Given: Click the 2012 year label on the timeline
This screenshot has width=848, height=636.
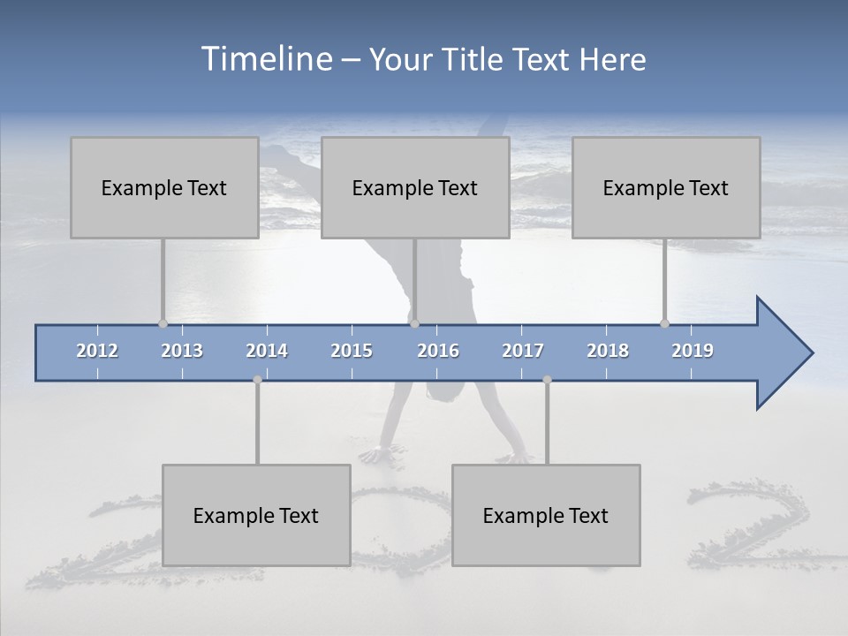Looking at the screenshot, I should click(x=97, y=351).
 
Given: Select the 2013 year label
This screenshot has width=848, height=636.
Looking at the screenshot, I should click(x=182, y=351).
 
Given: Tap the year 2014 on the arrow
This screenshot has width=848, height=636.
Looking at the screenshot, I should click(x=267, y=351).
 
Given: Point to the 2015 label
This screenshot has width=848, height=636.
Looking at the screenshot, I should click(x=352, y=351).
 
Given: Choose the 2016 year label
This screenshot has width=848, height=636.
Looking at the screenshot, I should click(x=438, y=351).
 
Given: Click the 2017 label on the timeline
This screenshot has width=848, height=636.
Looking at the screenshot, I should click(x=523, y=351).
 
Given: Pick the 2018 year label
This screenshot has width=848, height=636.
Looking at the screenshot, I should click(x=608, y=351).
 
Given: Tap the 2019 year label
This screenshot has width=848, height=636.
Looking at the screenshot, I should click(x=693, y=351).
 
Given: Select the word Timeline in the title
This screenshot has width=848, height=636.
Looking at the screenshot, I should click(x=265, y=58).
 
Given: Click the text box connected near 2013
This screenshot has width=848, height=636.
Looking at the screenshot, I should click(x=164, y=187).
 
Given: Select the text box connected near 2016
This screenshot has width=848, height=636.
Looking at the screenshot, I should click(x=415, y=187).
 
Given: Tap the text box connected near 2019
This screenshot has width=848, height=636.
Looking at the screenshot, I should click(x=666, y=187).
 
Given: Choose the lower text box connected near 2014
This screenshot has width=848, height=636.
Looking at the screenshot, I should click(x=256, y=515).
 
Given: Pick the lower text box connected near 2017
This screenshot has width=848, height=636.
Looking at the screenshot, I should click(x=546, y=515).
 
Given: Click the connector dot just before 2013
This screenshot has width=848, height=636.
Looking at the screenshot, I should click(x=163, y=323).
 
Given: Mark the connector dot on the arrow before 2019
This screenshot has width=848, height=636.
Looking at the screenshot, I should click(x=664, y=323).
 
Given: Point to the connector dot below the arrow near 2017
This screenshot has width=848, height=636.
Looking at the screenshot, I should click(x=547, y=380).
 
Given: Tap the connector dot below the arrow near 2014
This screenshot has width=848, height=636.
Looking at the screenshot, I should click(x=257, y=380).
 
